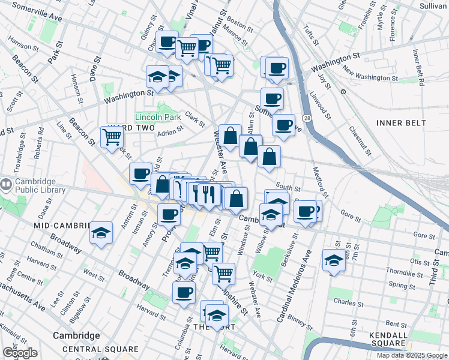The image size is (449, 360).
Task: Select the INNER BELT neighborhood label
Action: [x=401, y=123]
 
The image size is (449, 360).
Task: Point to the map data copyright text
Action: [x=412, y=355]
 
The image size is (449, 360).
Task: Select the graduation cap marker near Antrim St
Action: [x=101, y=233]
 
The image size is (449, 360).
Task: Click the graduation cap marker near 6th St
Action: [x=334, y=260]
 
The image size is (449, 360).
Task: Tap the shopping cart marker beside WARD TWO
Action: [x=112, y=137]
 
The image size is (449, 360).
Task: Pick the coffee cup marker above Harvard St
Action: [x=184, y=292]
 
